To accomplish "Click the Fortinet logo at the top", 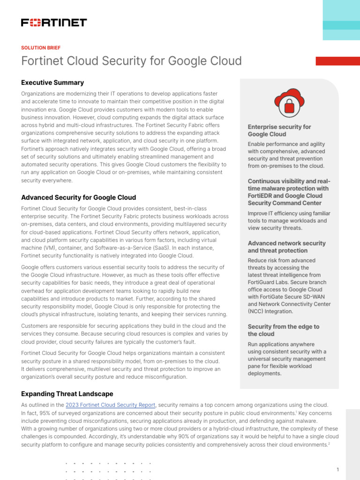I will (x=54, y=22).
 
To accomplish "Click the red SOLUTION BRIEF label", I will (x=41, y=48).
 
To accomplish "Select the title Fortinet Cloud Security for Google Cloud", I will (x=131, y=61).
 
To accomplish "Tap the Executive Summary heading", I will (x=52, y=82).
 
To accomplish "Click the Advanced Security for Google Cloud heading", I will (x=79, y=197).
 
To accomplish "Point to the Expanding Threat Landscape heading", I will (x=67, y=394).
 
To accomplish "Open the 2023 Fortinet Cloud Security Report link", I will (x=110, y=405).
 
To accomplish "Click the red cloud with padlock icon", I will (x=289, y=104).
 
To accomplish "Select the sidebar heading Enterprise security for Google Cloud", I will (x=279, y=130).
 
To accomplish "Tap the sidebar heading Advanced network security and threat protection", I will (x=286, y=247).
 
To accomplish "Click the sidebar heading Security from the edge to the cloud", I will (x=283, y=330).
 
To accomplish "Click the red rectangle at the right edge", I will (x=337, y=61).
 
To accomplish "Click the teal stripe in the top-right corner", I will (x=341, y=25).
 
